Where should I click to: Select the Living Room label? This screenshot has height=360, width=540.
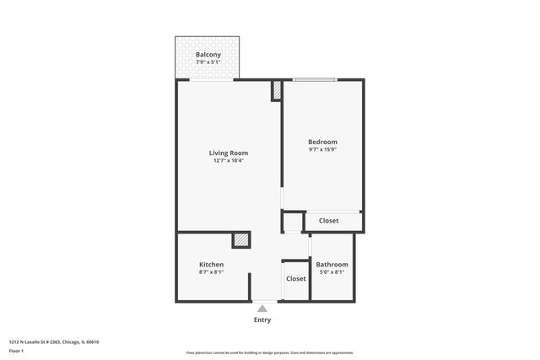pos(229,153)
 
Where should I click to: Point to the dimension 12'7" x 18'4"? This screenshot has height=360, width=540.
pos(229,161)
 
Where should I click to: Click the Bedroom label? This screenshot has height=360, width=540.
pos(322,142)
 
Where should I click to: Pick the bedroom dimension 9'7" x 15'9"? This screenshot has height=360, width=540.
pos(322,150)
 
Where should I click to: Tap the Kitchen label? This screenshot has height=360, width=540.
pos(211,265)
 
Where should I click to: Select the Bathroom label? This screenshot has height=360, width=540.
pos(332,265)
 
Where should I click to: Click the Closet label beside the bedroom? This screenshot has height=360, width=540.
pos(328,221)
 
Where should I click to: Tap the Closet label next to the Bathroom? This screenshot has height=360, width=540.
pos(296,278)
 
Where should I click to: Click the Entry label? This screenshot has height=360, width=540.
pos(262,320)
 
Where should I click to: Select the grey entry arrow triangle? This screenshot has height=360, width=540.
pos(262,309)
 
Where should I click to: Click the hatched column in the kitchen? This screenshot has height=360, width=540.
pos(241,240)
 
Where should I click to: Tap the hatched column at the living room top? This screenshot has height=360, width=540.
pos(276,91)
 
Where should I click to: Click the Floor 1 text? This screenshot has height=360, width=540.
pos(16,351)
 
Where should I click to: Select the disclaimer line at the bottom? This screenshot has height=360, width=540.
pos(269,352)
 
